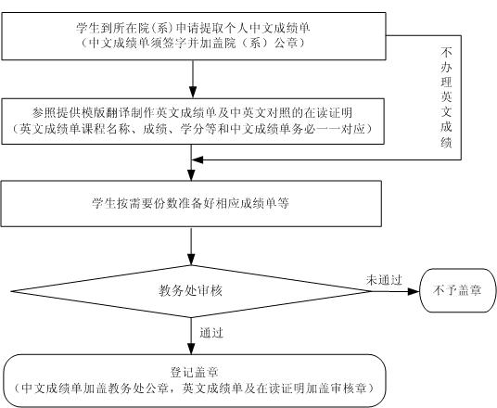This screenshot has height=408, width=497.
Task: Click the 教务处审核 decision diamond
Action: click(191, 291)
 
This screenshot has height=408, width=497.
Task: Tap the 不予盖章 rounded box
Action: click(458, 290)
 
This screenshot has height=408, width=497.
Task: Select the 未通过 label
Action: click(384, 280)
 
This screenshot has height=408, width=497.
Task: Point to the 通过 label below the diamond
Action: click(211, 333)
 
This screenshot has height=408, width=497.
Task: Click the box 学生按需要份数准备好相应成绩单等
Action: click(191, 203)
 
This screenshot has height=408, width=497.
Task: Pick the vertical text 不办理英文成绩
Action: click(446, 97)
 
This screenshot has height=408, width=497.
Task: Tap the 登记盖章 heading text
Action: click(195, 372)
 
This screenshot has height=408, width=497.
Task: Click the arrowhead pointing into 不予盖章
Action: click(414, 291)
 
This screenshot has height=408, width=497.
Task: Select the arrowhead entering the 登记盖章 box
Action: click(191, 349)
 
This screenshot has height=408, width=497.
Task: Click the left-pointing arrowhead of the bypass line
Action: click(198, 159)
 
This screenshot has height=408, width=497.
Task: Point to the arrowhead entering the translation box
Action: click(193, 92)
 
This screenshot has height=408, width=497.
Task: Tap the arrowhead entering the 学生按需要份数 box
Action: click(191, 175)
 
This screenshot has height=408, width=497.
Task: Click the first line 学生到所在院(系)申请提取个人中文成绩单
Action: click(193, 28)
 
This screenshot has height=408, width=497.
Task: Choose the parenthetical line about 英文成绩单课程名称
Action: click(192, 129)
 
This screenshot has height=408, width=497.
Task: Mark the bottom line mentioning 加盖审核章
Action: click(195, 389)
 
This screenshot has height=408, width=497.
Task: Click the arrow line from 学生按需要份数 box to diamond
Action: click(191, 247)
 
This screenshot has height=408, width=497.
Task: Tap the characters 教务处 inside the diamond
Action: click(178, 291)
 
